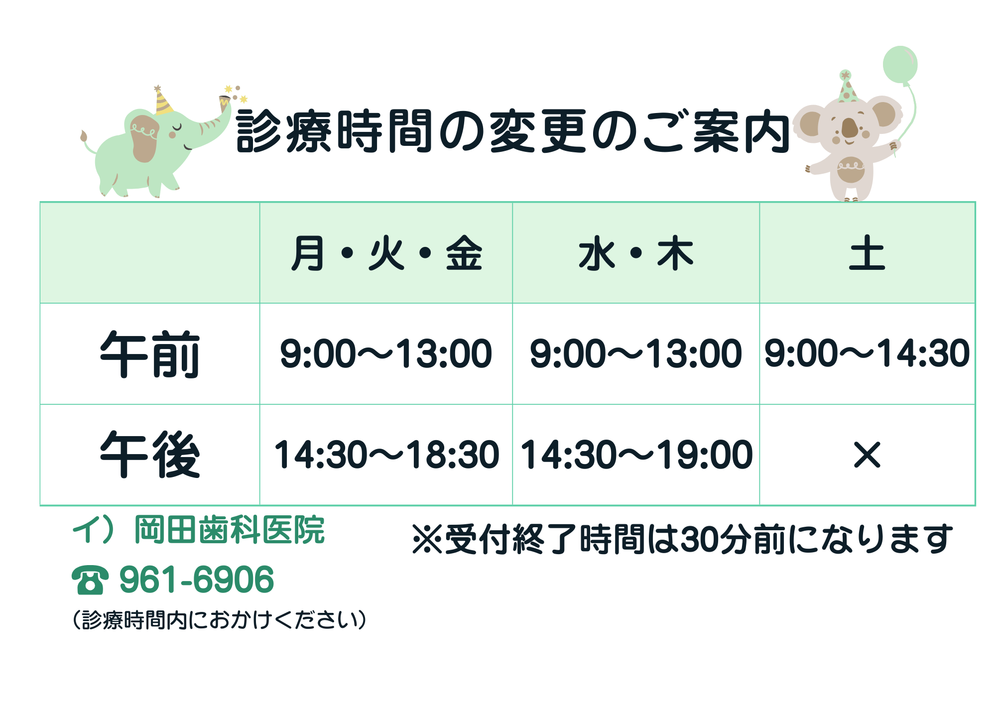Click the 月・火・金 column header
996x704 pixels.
pyautogui.click(x=386, y=254)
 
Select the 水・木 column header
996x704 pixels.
pyautogui.click(x=636, y=254)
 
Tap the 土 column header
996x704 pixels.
pyautogui.click(x=867, y=254)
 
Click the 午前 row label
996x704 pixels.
pyautogui.click(x=150, y=354)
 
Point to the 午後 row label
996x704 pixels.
pyautogui.click(x=150, y=455)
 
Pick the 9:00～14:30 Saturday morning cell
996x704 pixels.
pyautogui.click(x=867, y=353)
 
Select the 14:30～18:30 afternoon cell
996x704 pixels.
pyautogui.click(x=386, y=455)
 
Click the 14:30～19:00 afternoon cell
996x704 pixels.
pyautogui.click(x=636, y=455)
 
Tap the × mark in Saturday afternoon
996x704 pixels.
pyautogui.click(x=867, y=455)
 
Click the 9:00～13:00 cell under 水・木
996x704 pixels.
pyautogui.click(x=636, y=353)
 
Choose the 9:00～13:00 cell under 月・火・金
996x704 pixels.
pyautogui.click(x=386, y=353)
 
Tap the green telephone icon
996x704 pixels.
pyautogui.click(x=90, y=580)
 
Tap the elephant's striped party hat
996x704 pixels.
pyautogui.click(x=162, y=102)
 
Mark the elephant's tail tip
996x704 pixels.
pyautogui.click(x=84, y=136)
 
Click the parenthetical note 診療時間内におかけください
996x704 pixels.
pyautogui.click(x=220, y=620)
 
